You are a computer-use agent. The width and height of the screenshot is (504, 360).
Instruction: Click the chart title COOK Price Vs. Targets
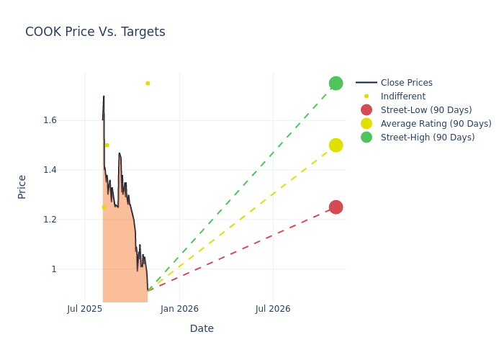(x=95, y=32)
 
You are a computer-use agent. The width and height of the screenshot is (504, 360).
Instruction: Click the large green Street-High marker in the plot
(x=336, y=83)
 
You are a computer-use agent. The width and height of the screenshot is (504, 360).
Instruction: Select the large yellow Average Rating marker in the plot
(x=336, y=145)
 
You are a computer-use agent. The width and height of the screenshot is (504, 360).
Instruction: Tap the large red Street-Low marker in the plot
(x=336, y=207)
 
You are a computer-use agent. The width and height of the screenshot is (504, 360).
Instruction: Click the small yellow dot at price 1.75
(x=148, y=84)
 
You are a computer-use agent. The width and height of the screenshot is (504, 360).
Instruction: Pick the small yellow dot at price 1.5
(x=107, y=145)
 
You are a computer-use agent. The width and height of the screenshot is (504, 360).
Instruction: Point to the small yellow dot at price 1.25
(x=104, y=207)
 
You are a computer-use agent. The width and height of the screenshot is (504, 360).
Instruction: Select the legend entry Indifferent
(x=402, y=96)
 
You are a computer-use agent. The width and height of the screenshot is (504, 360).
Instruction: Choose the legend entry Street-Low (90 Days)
(x=426, y=110)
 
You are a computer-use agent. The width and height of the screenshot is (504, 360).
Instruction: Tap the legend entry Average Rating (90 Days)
(x=436, y=124)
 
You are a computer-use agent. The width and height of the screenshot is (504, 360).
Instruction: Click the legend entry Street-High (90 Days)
(x=427, y=138)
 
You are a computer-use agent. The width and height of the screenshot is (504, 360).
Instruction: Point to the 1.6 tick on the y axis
(x=49, y=120)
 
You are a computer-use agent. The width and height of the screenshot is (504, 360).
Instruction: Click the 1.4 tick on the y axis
(x=49, y=170)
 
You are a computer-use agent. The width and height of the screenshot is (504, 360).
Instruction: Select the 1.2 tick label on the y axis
(x=49, y=220)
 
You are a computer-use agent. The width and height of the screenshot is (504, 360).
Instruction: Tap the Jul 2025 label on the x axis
(x=85, y=309)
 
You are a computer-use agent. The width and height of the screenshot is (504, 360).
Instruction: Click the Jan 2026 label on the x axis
(x=179, y=309)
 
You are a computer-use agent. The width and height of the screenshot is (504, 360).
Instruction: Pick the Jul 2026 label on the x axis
(x=273, y=309)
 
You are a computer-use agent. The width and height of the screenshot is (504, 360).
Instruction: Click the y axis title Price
(x=22, y=186)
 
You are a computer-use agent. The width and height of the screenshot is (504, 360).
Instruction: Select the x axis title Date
(x=202, y=328)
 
